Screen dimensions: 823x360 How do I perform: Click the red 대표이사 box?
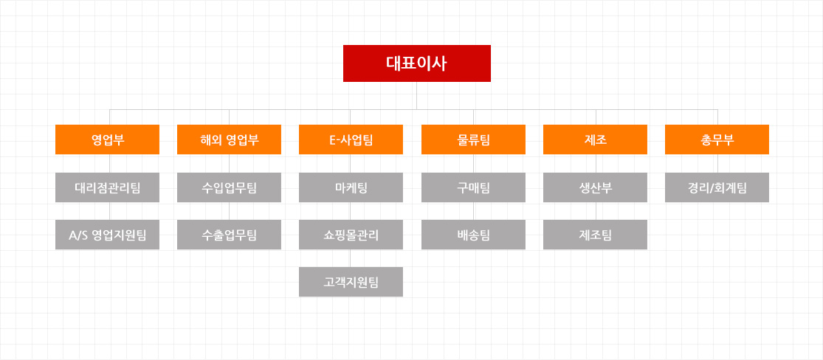coord(417,63)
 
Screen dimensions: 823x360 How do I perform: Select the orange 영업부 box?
coord(108,139)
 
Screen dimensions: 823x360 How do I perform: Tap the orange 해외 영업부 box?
coord(230,139)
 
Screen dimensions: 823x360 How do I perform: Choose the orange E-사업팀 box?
coord(351,139)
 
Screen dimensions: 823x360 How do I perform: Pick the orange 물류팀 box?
coord(473,139)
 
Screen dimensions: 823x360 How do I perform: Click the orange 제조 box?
coord(595,139)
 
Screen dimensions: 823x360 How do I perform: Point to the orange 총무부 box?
coord(717,139)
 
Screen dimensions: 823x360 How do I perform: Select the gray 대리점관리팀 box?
coord(108,187)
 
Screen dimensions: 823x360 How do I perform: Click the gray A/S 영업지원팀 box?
coord(108,235)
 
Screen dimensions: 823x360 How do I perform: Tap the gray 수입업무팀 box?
coord(230,187)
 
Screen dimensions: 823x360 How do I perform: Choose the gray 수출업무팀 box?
coord(230,235)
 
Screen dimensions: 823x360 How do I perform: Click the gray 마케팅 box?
coord(351,187)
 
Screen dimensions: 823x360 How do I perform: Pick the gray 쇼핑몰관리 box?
coord(351,235)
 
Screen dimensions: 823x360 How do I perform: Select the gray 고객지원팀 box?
coord(351,282)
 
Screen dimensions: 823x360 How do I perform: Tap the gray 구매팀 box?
coord(473,187)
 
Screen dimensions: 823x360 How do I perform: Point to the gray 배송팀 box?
coord(473,235)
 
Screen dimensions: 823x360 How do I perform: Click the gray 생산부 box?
coord(595,187)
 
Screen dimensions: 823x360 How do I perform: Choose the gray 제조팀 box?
coord(595,235)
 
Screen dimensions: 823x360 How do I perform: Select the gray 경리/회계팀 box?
coord(717,187)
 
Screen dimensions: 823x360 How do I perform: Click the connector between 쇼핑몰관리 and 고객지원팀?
coord(351,258)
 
